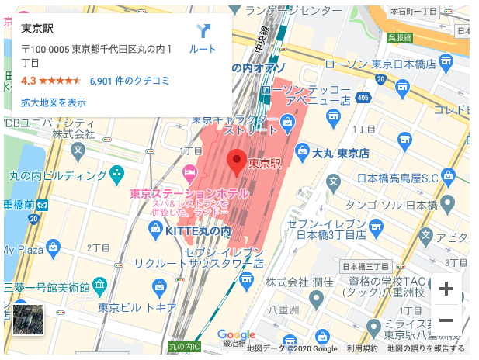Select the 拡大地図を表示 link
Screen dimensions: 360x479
pos(54,102)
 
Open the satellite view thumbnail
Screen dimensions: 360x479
pos(28,320)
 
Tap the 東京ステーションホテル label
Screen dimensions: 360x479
pos(189,193)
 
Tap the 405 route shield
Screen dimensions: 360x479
pos(363,97)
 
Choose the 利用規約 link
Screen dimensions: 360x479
pos(363,349)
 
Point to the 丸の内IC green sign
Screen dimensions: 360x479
pos(185,345)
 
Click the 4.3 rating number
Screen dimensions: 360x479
pos(29,81)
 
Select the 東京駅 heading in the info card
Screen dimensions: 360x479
pos(37,29)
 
